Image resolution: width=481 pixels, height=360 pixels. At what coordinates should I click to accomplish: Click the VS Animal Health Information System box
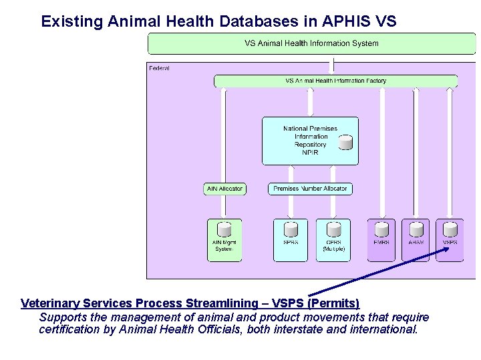(311, 43)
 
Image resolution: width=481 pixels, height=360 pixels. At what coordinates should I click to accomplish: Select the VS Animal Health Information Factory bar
(335, 81)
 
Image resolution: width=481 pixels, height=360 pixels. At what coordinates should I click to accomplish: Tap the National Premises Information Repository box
(310, 141)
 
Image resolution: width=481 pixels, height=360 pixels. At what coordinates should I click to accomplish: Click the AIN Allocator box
(224, 189)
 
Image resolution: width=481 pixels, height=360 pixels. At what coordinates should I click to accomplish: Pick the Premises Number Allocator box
(310, 189)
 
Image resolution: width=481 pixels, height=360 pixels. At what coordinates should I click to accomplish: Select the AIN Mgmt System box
(224, 240)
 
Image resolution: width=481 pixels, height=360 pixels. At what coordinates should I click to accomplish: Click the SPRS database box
(291, 240)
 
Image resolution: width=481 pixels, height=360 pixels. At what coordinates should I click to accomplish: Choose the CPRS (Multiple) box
(333, 240)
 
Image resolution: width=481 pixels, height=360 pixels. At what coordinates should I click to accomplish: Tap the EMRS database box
(381, 240)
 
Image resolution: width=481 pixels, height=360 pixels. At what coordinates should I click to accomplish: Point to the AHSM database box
(416, 240)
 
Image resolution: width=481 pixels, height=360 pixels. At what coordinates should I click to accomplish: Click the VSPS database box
(450, 240)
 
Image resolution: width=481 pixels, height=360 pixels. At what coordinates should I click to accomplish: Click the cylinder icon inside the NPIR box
(345, 142)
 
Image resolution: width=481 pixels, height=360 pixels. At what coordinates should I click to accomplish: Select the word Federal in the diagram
(160, 68)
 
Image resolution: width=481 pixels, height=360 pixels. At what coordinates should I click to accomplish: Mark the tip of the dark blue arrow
(450, 248)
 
